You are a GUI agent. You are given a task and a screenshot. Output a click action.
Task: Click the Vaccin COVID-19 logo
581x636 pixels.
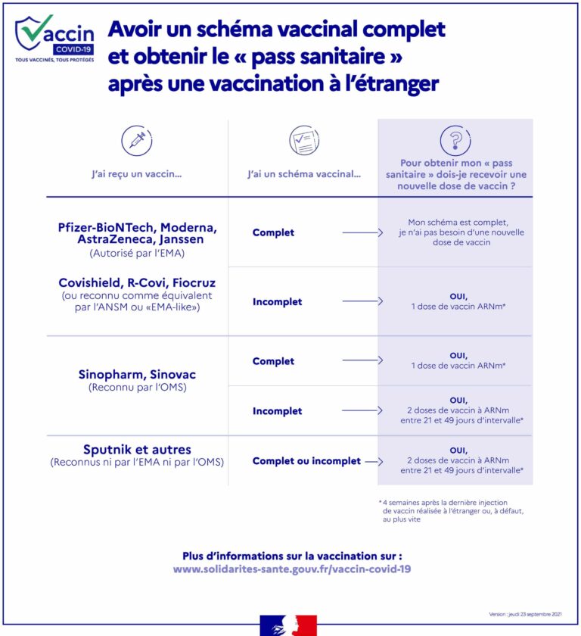54,39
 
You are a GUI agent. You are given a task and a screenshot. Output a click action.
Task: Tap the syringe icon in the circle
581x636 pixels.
137,140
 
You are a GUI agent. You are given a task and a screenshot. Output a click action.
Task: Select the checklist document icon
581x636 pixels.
304,140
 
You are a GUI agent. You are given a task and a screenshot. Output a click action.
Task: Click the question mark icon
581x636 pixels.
455,140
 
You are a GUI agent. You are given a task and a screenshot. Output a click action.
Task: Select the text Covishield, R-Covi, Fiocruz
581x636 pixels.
137,283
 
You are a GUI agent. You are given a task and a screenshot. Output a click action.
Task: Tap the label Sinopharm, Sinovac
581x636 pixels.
137,375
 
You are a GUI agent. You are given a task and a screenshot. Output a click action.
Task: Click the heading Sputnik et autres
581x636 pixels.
137,450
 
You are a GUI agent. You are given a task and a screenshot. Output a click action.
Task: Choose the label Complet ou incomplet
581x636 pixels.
306,461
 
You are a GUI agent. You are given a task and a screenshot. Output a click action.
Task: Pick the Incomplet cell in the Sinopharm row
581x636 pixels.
277,411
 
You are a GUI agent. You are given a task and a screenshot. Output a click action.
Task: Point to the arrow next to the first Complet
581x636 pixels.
362,232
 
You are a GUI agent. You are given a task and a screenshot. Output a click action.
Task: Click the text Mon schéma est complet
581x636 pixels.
455,223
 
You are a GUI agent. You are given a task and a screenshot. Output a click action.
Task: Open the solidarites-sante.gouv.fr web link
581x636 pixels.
292,569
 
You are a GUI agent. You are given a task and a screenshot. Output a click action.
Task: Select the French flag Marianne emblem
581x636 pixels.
288,625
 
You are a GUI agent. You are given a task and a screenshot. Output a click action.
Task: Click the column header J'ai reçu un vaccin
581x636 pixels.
137,174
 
